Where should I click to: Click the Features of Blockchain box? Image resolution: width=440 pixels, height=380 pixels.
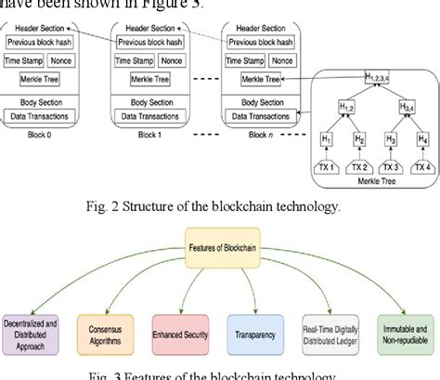tap(219, 251)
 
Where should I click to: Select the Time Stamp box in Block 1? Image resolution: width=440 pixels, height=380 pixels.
tap(136, 60)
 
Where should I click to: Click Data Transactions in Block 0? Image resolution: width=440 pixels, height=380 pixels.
tap(43, 116)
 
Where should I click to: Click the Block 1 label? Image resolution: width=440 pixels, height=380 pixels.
tap(149, 134)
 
